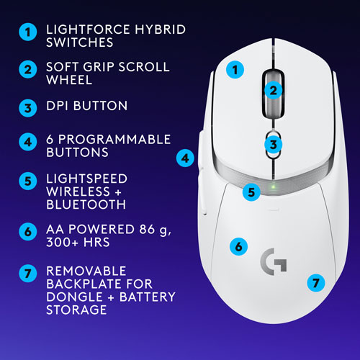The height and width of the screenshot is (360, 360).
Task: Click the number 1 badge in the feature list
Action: coord(27,32)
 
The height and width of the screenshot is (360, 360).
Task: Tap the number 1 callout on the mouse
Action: coord(233,71)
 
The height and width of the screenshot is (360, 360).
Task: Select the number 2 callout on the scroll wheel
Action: coord(272,90)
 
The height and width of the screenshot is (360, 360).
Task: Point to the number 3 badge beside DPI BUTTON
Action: coord(27,107)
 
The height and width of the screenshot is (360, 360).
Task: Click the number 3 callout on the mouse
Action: coord(272,145)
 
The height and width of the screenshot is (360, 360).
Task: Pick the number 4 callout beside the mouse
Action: coord(186,156)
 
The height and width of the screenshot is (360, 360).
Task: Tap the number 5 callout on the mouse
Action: coord(250,192)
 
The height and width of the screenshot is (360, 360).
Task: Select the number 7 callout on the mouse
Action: coord(314,282)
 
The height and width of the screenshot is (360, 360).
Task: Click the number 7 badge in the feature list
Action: coord(27,274)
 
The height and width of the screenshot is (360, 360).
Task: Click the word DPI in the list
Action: coord(60,106)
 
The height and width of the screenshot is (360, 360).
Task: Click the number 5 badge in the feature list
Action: coord(27,180)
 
